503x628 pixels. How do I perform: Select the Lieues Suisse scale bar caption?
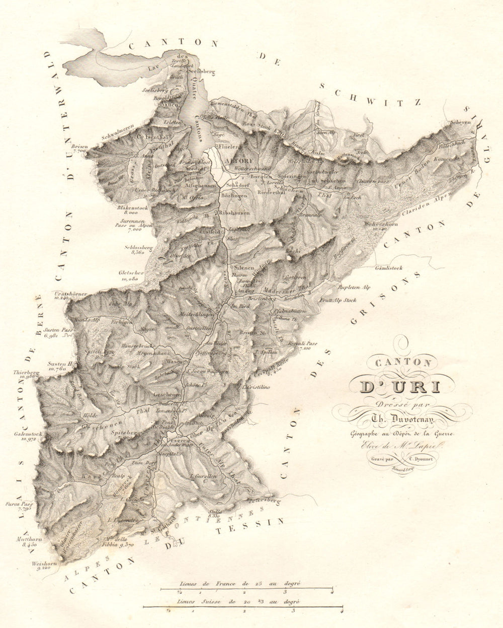(234, 602)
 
